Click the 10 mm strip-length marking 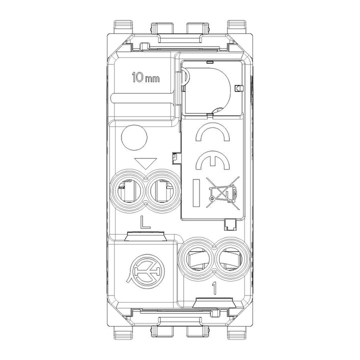click(x=145, y=77)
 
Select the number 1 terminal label click(x=214, y=288)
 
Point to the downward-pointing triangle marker click(x=145, y=163)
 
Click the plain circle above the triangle click(x=134, y=137)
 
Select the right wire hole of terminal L click(x=163, y=190)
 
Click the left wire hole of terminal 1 click(x=196, y=259)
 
